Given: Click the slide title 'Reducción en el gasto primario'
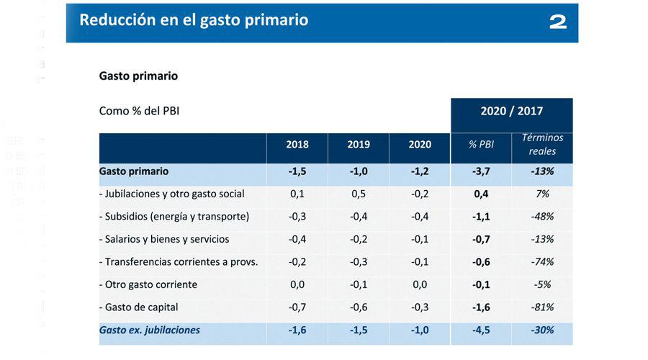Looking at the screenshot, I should [x=194, y=20].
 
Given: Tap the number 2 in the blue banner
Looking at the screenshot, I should [x=558, y=22].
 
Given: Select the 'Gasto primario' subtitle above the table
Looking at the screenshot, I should [x=138, y=76].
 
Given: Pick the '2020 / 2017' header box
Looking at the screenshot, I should [x=511, y=112].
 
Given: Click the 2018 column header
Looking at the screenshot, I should [x=297, y=144].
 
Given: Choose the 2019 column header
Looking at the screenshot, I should [x=358, y=144].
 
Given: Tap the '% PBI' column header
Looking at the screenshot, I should [x=481, y=144].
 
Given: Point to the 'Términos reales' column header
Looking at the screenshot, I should [x=542, y=144].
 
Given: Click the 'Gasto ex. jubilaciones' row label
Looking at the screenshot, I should [x=150, y=330].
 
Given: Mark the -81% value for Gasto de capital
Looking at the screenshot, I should [x=541, y=307].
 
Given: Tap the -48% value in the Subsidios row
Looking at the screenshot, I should [x=541, y=216].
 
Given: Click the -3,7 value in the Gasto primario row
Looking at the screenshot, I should [x=481, y=171].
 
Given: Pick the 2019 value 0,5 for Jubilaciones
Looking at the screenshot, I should [x=358, y=194].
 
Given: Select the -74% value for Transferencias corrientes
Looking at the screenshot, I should [x=541, y=261].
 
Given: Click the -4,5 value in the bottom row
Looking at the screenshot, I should [x=481, y=330].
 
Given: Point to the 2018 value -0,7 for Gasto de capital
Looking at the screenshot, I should [x=297, y=307].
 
